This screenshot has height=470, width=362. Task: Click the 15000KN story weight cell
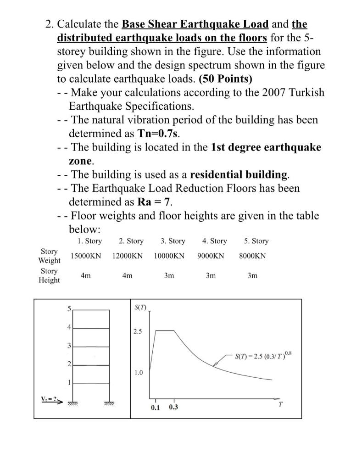[x=85, y=256]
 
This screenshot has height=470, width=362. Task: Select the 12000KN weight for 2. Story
[x=127, y=256]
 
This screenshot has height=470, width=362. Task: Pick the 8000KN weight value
[x=252, y=256]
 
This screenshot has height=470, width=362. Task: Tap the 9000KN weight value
[x=211, y=256]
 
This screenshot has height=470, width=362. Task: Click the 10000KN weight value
[x=169, y=256]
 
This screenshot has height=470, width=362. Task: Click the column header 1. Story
[x=87, y=241]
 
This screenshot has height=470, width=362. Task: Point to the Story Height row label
[x=49, y=275]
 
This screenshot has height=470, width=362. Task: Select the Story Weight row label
[x=49, y=256]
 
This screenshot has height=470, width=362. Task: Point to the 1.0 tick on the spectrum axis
[x=138, y=373]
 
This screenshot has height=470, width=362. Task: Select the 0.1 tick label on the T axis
[x=156, y=407]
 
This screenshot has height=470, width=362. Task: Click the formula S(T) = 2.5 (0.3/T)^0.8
[x=262, y=356]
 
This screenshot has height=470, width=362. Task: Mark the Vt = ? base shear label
[x=48, y=398]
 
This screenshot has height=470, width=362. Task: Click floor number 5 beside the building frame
[x=69, y=309]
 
